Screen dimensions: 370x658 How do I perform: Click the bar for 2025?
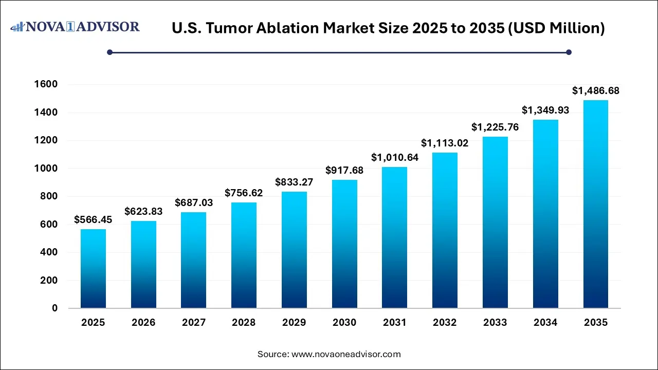tap(93, 269)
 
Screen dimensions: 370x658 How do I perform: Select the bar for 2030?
tap(344, 244)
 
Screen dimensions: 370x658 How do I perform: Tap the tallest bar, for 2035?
tap(596, 204)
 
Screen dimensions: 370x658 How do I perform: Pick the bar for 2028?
tap(244, 255)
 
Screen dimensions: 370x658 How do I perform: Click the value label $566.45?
tap(93, 220)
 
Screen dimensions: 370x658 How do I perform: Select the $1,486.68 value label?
tap(596, 91)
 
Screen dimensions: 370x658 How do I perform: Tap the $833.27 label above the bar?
tap(294, 182)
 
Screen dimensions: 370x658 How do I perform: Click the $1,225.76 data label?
tap(495, 127)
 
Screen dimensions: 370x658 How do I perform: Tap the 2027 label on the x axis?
tap(194, 323)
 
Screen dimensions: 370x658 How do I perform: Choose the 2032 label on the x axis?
tap(445, 323)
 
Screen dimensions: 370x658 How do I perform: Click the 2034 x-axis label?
tap(545, 323)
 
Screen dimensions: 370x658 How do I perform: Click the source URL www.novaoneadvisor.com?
tap(346, 354)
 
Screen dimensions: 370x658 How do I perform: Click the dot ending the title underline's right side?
tap(569, 52)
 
